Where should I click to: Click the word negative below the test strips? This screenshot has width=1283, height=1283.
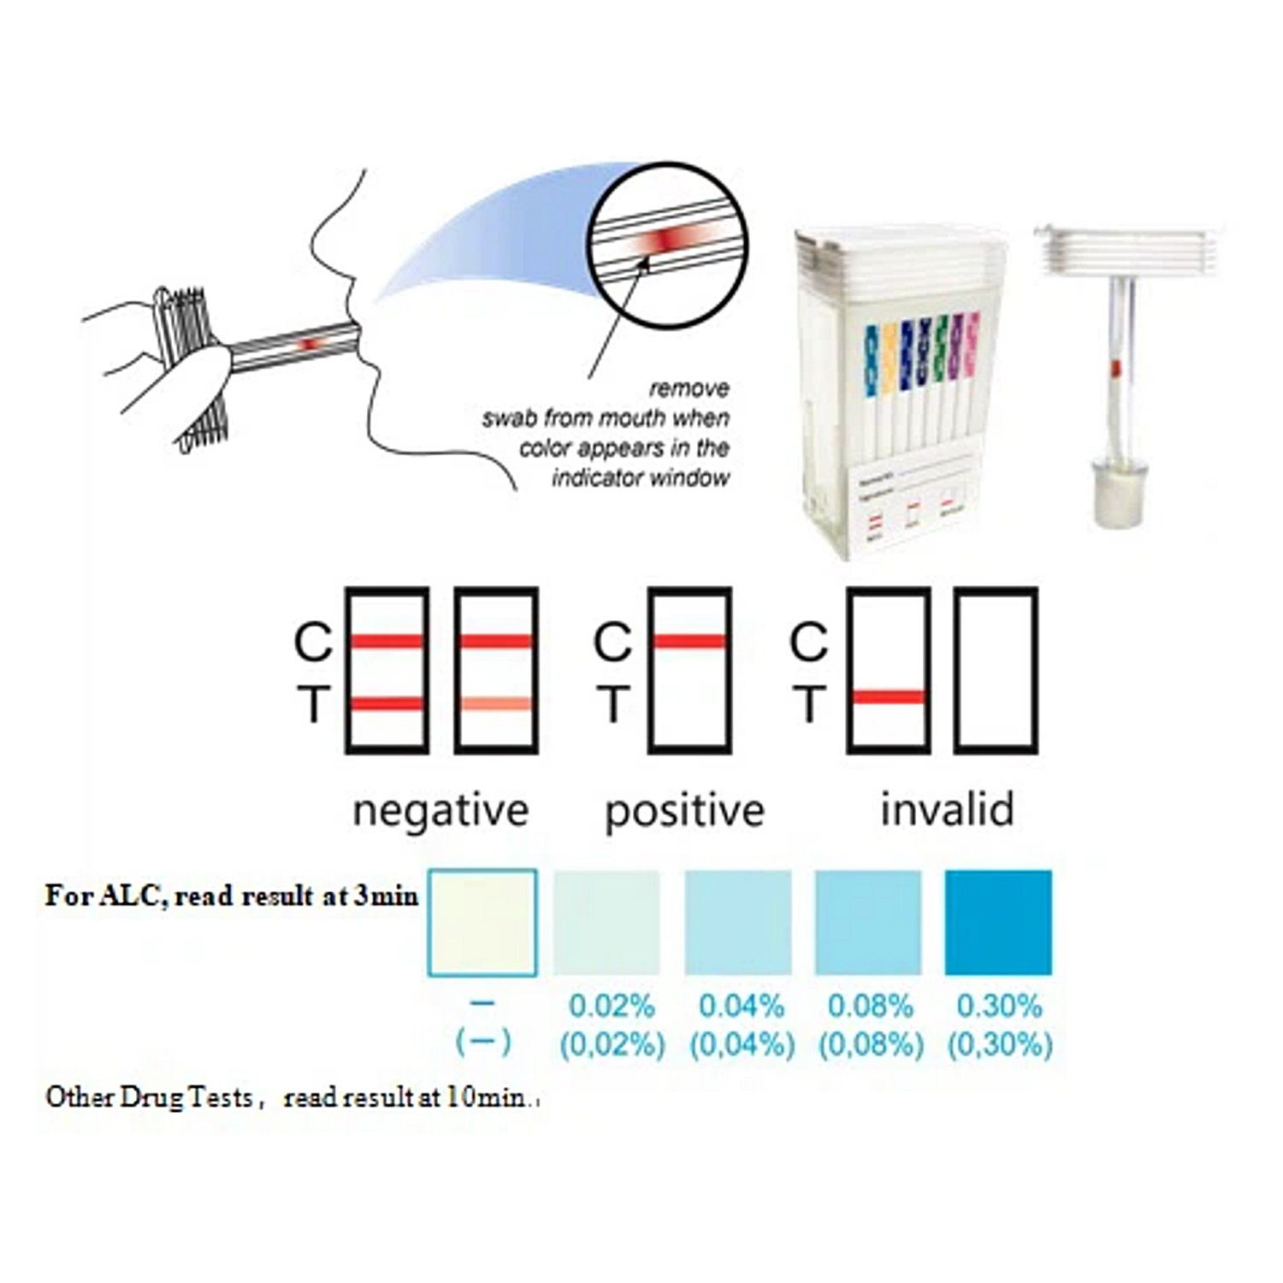tap(440, 810)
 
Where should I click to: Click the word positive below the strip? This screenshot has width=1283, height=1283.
tap(684, 810)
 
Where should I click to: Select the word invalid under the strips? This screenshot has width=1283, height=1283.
tap(947, 809)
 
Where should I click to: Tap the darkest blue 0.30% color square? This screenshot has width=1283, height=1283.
tap(998, 922)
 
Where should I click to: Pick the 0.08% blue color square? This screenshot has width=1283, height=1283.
tap(868, 922)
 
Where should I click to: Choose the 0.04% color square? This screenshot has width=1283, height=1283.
tap(738, 922)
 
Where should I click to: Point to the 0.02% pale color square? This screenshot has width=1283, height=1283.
tap(606, 922)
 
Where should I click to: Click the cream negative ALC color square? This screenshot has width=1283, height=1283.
tap(482, 922)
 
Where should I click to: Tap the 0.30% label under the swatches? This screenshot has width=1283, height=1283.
tap(999, 1006)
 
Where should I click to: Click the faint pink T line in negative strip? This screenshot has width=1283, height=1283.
tap(496, 704)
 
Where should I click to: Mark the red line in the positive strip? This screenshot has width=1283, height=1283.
tap(689, 641)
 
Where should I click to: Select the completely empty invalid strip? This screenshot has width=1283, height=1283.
tap(996, 670)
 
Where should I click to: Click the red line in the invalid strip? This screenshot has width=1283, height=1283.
tap(889, 697)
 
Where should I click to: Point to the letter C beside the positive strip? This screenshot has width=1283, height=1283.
tap(612, 641)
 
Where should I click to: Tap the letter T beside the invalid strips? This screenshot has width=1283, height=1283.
tap(809, 704)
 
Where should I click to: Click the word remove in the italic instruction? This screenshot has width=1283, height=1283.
tap(689, 388)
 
